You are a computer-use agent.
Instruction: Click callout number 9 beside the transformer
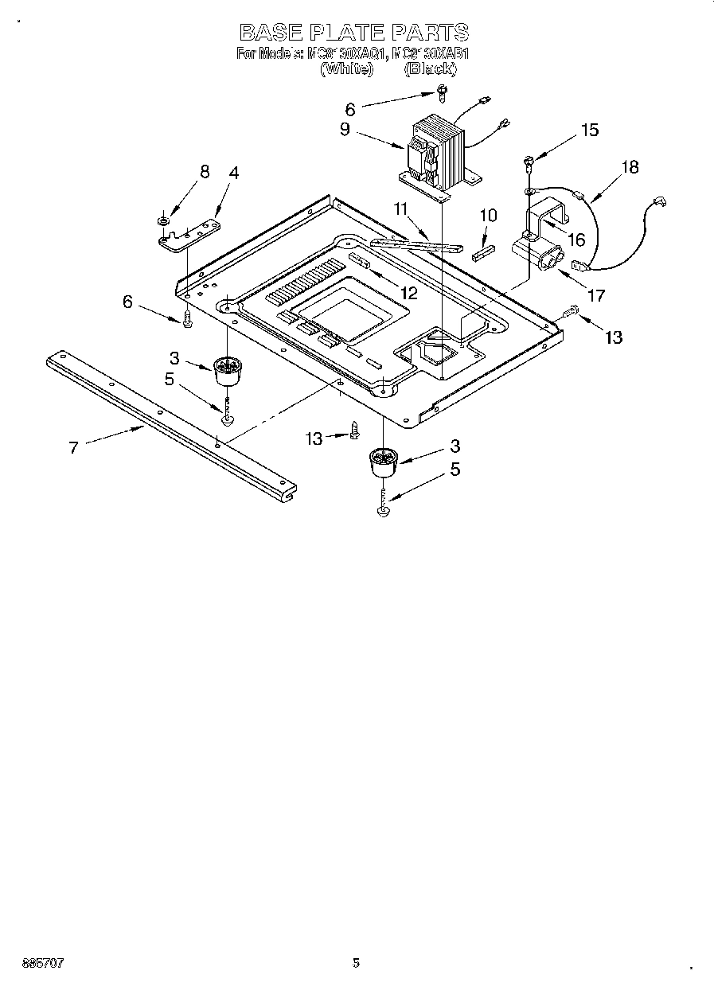coord(345,130)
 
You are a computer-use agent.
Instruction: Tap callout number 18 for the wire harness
coord(630,167)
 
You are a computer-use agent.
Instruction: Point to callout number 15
coord(589,131)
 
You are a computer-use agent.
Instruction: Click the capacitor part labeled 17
coord(536,255)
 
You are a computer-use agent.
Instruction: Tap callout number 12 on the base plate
coord(408,292)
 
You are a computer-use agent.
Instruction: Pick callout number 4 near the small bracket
coord(233,173)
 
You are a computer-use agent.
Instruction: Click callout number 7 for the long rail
coord(73,447)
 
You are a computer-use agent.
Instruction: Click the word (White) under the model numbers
coord(346,69)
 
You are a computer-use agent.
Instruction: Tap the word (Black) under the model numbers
coord(430,69)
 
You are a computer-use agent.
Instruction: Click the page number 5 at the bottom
coord(356,963)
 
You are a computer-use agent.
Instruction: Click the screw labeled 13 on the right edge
coord(570,315)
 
